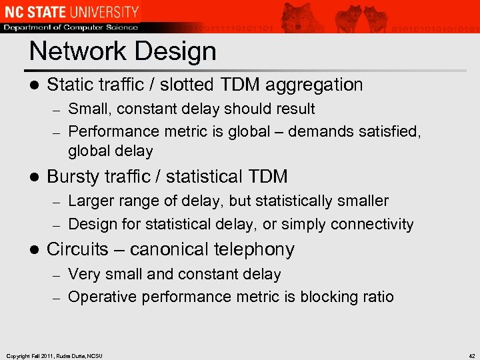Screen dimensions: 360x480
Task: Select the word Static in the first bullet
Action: pos(71,85)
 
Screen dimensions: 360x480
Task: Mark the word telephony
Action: pos(257,249)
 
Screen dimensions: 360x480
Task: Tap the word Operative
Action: pos(99,297)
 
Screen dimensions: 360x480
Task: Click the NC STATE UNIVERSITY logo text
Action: pos(70,11)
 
